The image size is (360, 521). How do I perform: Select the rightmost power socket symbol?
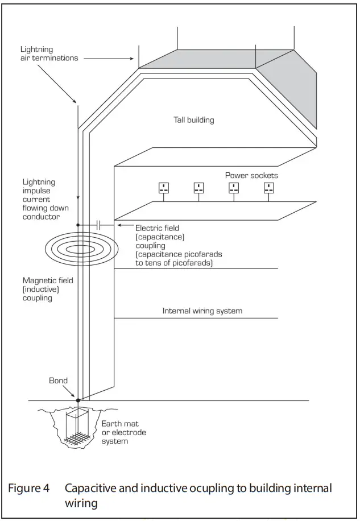[x=269, y=188]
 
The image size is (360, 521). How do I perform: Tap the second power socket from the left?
[x=198, y=188]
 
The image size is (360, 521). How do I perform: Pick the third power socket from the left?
[x=233, y=188]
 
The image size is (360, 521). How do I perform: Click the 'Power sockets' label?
[x=251, y=175]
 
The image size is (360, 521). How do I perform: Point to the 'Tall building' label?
[x=193, y=120]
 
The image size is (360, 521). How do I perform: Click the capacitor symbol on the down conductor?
[x=98, y=225]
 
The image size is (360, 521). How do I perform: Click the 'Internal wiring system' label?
[x=202, y=311]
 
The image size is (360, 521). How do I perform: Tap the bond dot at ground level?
[x=78, y=400]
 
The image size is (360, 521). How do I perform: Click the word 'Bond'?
[x=58, y=381]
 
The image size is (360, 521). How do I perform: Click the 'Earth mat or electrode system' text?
[x=123, y=432]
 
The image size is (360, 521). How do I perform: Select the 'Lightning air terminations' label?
[x=49, y=54]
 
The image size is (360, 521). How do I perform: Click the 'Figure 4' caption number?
[x=28, y=488]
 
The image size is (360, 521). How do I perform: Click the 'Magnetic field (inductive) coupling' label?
[x=48, y=290]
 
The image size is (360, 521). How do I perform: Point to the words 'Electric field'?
[x=157, y=228]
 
